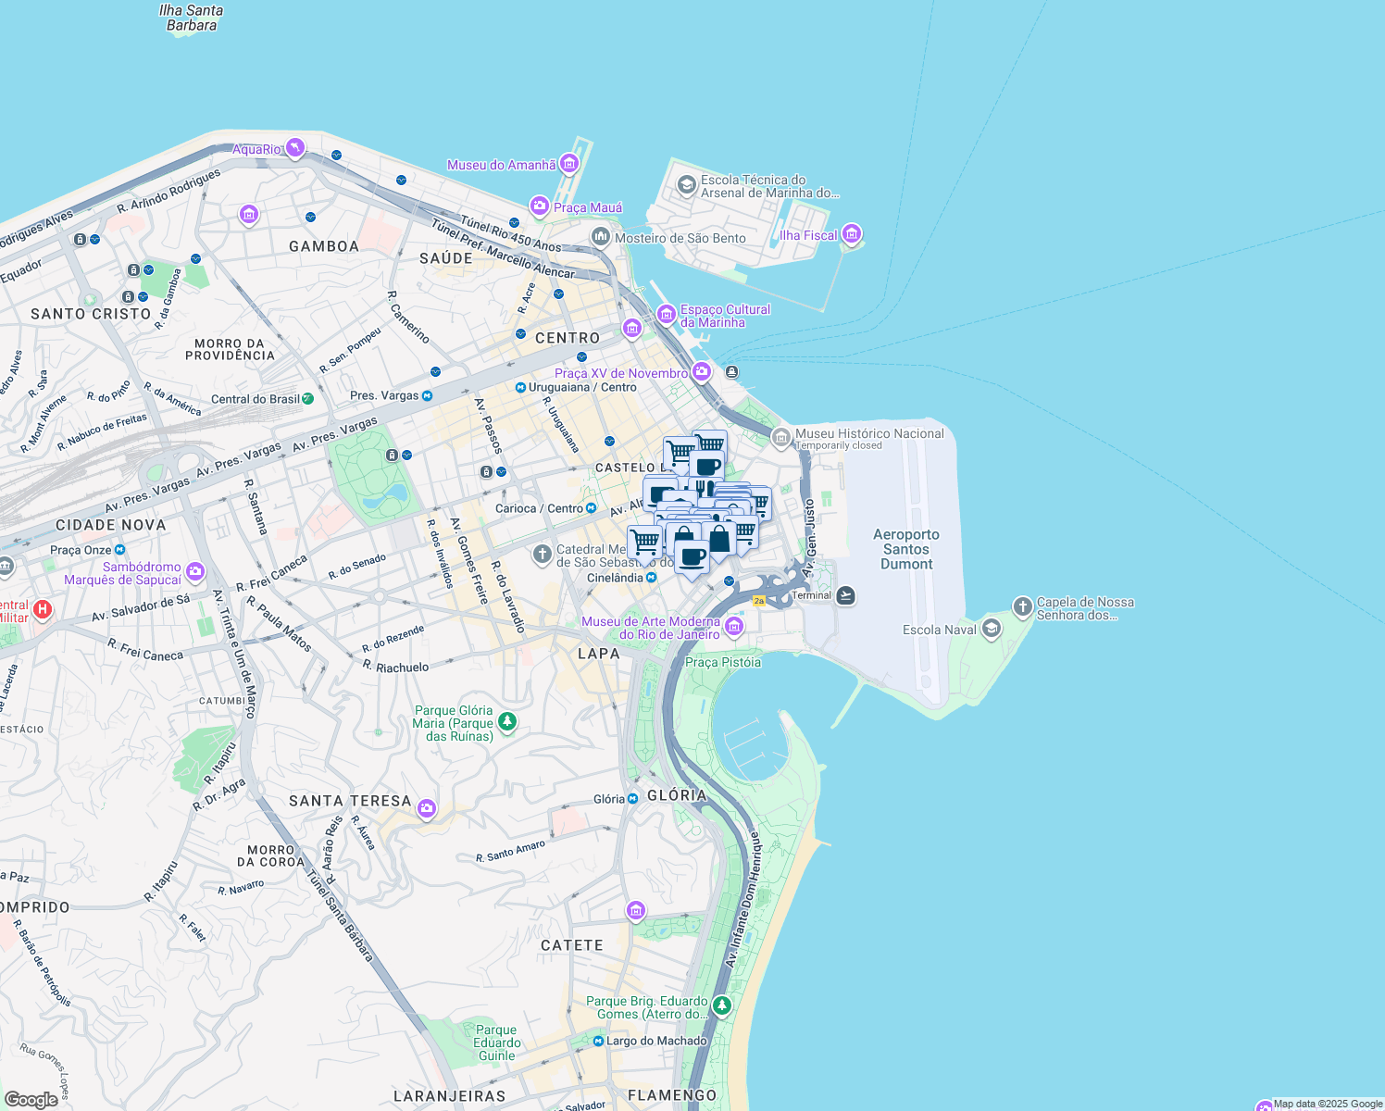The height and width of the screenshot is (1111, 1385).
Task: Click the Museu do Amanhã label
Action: tap(501, 165)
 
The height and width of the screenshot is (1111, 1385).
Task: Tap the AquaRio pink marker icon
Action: tap(295, 148)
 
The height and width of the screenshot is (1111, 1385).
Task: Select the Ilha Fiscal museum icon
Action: tap(853, 234)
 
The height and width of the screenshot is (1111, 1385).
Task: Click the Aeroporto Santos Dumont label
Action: tap(906, 549)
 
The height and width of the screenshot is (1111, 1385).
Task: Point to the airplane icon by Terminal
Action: tap(845, 595)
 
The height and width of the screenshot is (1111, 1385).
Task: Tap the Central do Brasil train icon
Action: tap(308, 399)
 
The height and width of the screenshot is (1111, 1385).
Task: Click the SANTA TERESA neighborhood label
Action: tap(350, 801)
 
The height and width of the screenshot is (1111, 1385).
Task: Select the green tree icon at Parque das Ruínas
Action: tap(506, 721)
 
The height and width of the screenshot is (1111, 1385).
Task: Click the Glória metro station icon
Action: tap(633, 799)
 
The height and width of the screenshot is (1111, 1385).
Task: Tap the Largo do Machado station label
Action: tap(656, 1041)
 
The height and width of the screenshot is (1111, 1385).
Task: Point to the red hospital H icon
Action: tap(42, 610)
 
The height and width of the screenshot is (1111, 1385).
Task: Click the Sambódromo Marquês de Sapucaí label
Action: tap(122, 573)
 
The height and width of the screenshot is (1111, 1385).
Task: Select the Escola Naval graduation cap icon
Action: tap(992, 630)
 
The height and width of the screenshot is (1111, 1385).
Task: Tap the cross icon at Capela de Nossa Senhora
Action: tap(1022, 607)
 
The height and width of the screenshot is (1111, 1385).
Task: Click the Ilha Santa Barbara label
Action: tap(191, 18)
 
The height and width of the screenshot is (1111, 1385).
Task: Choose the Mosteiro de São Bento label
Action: tap(680, 238)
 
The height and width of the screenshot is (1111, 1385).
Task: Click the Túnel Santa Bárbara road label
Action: tap(340, 917)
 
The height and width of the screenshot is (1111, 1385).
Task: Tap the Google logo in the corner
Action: tap(31, 1099)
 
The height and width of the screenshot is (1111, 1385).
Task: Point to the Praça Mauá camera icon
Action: tap(539, 206)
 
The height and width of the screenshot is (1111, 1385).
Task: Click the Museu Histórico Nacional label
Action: tap(869, 433)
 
